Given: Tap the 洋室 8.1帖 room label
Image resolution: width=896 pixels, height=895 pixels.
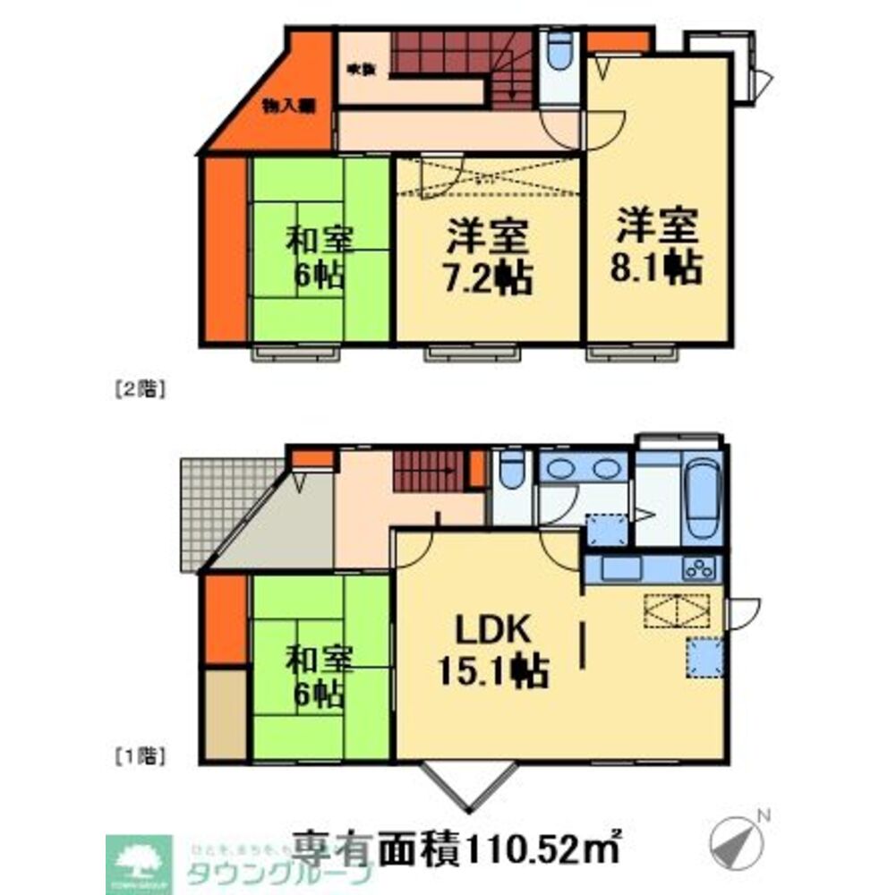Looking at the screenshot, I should (x=658, y=247).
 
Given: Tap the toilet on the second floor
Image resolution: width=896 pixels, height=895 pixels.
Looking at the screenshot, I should (x=560, y=54).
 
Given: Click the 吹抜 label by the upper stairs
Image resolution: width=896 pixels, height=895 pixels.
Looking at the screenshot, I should (x=358, y=68).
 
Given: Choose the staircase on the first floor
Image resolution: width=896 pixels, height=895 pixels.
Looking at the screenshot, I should (x=429, y=469).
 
